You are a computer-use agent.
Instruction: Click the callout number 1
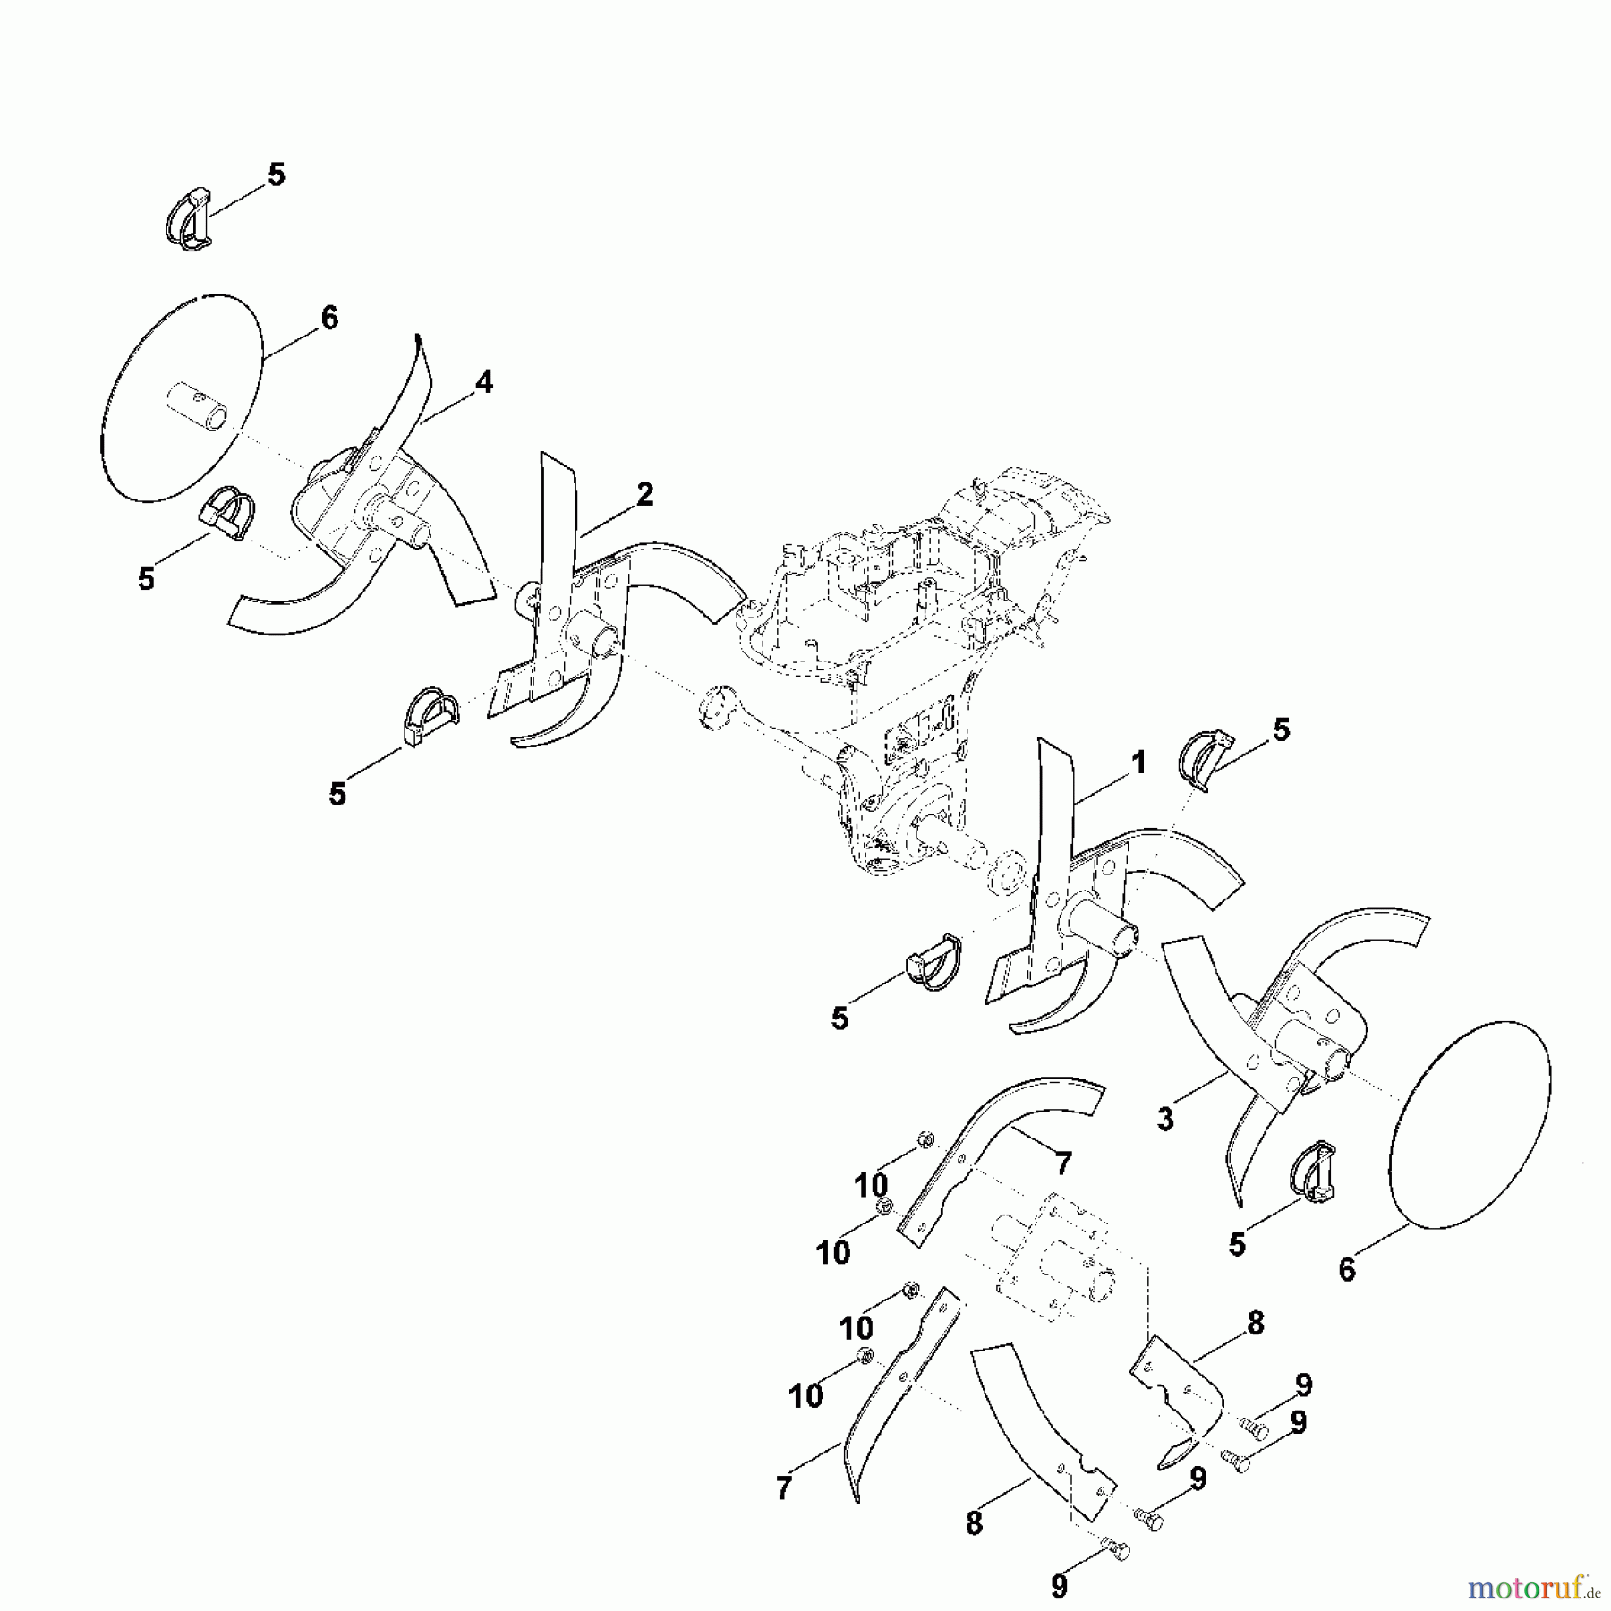(1138, 763)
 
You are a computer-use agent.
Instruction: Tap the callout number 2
(644, 495)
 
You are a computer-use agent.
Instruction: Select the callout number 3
(1165, 1120)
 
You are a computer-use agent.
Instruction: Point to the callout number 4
(483, 383)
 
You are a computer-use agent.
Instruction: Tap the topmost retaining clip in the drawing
(190, 219)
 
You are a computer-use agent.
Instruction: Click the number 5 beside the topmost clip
(277, 175)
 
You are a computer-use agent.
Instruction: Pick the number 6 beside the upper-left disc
(329, 318)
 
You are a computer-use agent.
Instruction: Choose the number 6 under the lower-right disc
(1347, 1270)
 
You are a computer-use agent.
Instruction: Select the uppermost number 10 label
(871, 1186)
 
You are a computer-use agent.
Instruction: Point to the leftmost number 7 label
(784, 1488)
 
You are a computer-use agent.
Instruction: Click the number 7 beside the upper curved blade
(1062, 1164)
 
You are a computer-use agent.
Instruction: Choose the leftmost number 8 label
(974, 1524)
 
